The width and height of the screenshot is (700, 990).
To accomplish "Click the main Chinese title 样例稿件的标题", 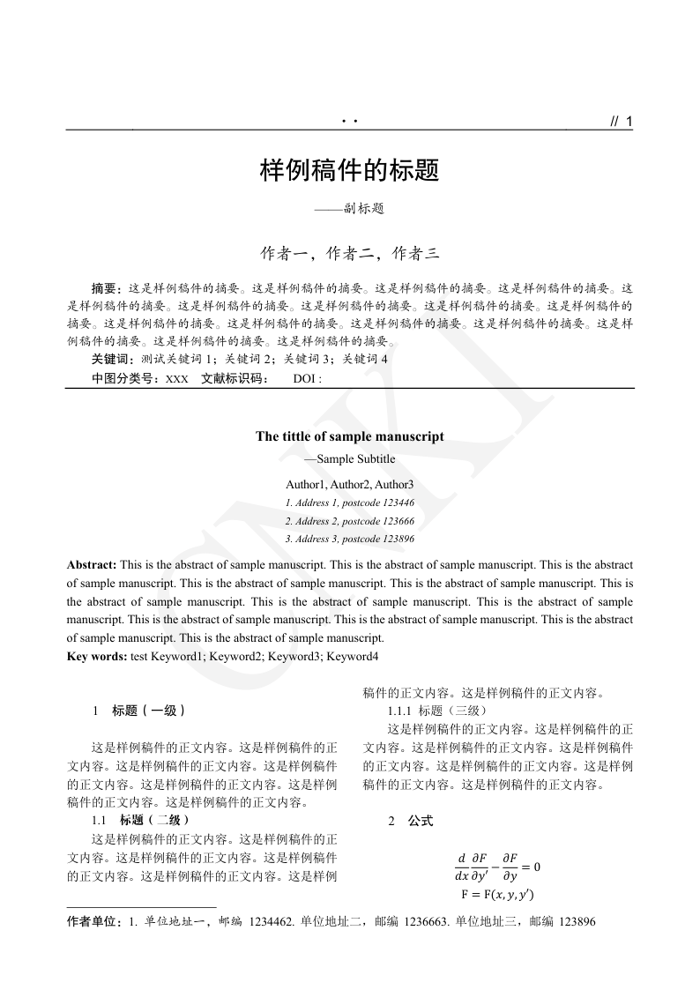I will click(349, 171).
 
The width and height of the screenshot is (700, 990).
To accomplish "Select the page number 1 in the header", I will click(629, 123).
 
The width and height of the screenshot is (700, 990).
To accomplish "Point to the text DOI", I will click(305, 379).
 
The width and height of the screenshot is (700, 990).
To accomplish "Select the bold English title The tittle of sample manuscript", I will click(349, 436).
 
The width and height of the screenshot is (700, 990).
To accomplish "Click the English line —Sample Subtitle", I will click(349, 459).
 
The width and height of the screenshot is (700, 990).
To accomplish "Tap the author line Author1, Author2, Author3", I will click(349, 485).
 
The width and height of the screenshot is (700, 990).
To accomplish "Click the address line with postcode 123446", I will click(349, 502).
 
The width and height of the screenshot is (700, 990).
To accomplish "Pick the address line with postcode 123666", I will click(349, 521).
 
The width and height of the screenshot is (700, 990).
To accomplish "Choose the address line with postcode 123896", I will click(349, 539).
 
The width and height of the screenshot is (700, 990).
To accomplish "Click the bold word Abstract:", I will click(92, 564).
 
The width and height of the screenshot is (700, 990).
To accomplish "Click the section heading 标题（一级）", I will click(148, 711).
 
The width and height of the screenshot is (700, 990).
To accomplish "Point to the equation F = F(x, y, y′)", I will click(497, 895).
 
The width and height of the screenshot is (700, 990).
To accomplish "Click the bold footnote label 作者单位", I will click(93, 922).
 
